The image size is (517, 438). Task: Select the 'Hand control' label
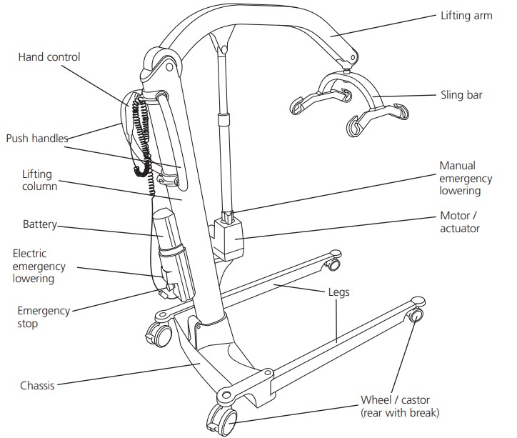[49, 57]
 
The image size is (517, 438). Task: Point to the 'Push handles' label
[37, 137]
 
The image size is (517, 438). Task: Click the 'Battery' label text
[39, 224]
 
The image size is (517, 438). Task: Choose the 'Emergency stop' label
[44, 317]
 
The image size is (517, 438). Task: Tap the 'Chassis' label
[37, 386]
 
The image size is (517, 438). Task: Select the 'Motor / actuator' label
[459, 222]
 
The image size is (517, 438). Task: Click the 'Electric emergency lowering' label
[39, 267]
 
